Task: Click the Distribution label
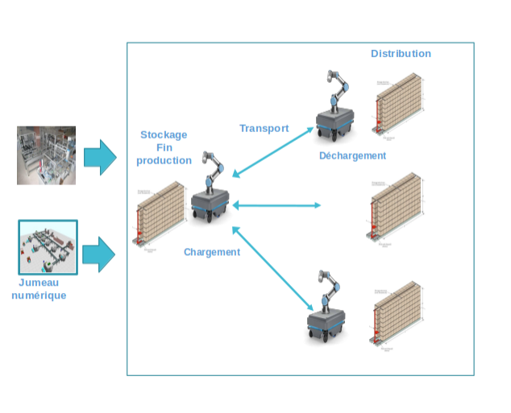(x=401, y=53)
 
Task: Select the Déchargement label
(x=352, y=155)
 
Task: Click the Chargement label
(x=212, y=252)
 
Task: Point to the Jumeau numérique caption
(x=39, y=289)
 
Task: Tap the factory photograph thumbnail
(x=47, y=155)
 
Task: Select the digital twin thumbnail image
(x=48, y=246)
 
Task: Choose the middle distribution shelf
(x=397, y=206)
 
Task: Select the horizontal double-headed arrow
(x=277, y=205)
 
